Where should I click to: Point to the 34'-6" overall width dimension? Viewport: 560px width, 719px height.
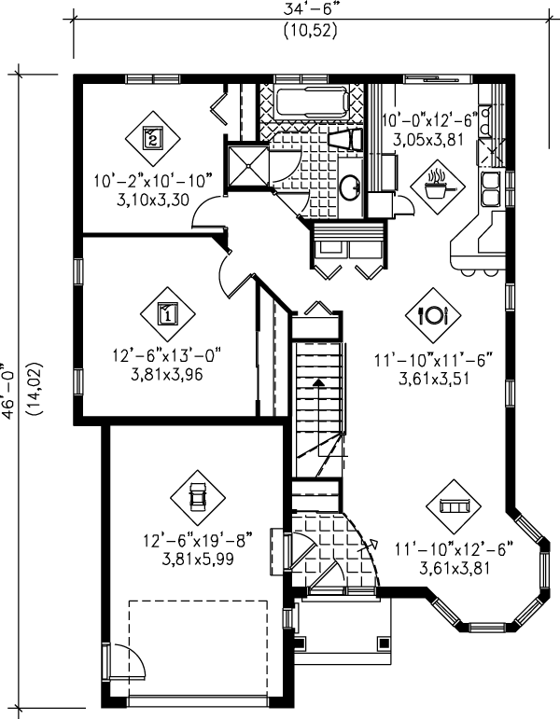tap(309, 11)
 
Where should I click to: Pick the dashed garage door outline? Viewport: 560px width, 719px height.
tap(198, 646)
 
